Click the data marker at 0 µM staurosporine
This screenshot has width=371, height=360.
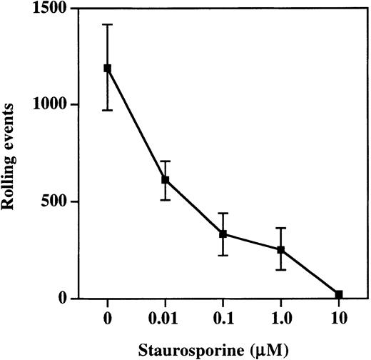point(108,68)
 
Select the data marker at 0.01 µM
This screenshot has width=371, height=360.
point(166,180)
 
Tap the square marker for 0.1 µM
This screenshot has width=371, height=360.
point(223,234)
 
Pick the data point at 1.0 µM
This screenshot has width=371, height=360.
point(281,250)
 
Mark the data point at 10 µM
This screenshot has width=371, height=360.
point(339,294)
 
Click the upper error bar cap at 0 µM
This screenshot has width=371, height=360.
point(108,24)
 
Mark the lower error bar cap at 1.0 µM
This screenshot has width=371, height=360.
point(281,270)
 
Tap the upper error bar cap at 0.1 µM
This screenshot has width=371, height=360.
point(223,213)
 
